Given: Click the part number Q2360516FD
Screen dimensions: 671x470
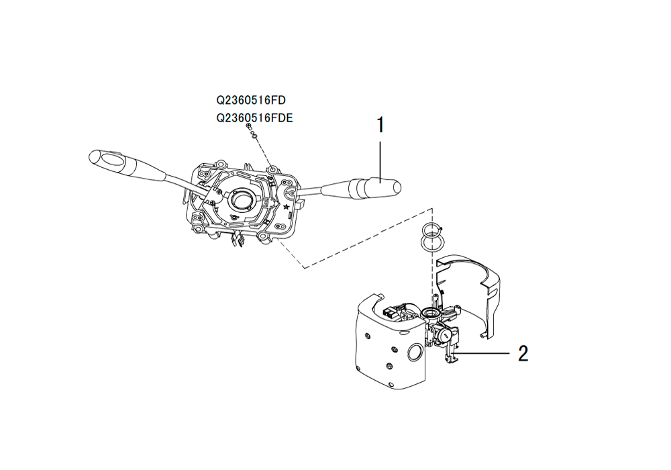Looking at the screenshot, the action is pyautogui.click(x=251, y=100).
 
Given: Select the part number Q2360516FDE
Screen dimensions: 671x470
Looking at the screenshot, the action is pyautogui.click(x=254, y=118).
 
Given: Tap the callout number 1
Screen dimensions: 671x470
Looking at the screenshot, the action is pyautogui.click(x=380, y=125).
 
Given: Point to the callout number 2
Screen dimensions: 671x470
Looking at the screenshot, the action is pyautogui.click(x=523, y=354).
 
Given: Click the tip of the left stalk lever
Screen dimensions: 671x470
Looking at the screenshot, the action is pyautogui.click(x=91, y=156).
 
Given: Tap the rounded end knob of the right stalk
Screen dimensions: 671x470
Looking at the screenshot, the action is pyautogui.click(x=397, y=187).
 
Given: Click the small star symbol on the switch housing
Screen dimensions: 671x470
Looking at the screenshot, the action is pyautogui.click(x=287, y=207).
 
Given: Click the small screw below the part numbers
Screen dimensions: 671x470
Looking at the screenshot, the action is pyautogui.click(x=249, y=126).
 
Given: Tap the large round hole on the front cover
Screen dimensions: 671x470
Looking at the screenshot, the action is pyautogui.click(x=414, y=352).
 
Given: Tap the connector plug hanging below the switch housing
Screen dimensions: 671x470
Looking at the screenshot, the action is pyautogui.click(x=236, y=240).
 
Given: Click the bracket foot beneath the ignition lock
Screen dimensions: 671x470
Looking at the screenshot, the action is pyautogui.click(x=451, y=356).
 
